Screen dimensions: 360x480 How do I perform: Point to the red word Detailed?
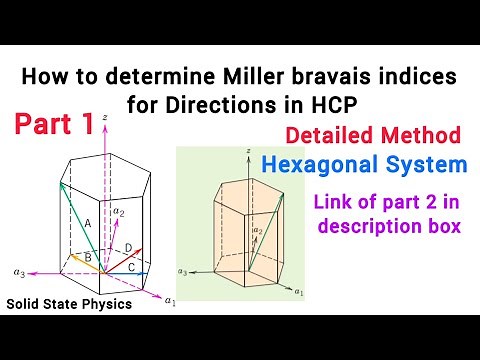(x=329, y=134)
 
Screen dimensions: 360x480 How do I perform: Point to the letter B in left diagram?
(x=87, y=258)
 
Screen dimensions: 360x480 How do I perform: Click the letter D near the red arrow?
(x=127, y=246)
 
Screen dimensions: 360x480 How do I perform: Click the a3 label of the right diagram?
(x=182, y=271)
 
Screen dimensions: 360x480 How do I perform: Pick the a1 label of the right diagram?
(x=296, y=295)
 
